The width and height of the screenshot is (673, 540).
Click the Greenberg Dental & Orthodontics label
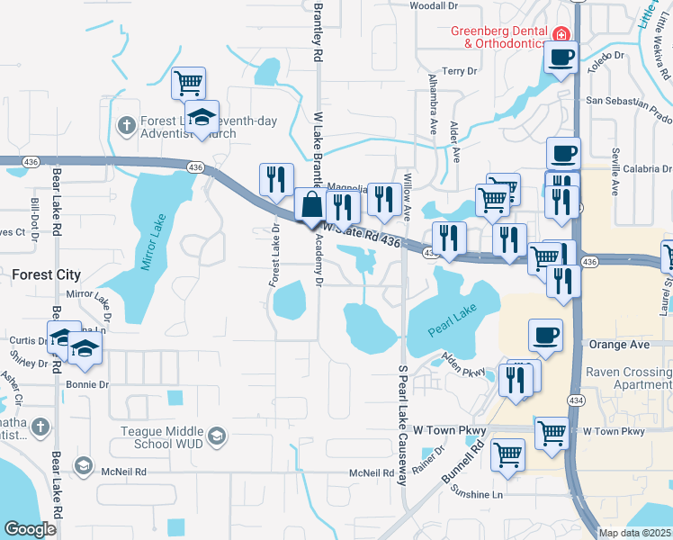498,37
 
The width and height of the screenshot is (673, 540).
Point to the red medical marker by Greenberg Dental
561,35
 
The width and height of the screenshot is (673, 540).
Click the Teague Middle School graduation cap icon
216,437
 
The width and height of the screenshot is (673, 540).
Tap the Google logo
30,529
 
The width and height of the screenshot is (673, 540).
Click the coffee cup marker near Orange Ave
546,337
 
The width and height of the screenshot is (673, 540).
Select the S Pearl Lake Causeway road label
402,426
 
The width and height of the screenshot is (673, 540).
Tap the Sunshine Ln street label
478,495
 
